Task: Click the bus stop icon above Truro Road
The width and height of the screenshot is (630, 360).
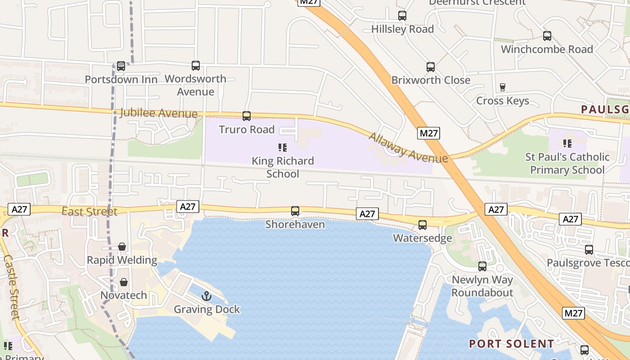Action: (247, 116)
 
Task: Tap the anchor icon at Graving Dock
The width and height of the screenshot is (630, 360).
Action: (207, 296)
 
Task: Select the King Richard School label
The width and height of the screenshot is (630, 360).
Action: (283, 167)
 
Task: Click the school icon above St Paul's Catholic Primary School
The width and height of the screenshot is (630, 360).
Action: (567, 144)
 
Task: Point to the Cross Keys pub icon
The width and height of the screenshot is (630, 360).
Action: (503, 87)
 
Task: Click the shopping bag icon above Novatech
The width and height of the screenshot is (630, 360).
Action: (124, 282)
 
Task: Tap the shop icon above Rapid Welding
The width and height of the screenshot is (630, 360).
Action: (122, 247)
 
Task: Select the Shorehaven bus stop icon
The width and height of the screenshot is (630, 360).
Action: (295, 211)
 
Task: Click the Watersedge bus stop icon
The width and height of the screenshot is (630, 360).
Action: (423, 225)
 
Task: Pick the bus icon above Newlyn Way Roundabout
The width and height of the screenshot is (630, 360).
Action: (482, 266)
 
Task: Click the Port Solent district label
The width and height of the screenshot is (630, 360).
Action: (512, 344)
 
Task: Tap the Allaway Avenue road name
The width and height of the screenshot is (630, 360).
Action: (409, 148)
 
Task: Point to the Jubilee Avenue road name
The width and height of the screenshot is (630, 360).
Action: (159, 113)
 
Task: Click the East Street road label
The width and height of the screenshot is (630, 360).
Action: (90, 211)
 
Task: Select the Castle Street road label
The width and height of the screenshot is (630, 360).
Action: (12, 287)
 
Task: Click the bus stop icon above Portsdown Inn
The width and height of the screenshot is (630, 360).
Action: (121, 66)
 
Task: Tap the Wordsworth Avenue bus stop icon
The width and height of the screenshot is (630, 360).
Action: (196, 66)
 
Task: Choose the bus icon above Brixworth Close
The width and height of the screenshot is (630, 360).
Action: (431, 67)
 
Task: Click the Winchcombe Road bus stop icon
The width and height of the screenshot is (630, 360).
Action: (547, 36)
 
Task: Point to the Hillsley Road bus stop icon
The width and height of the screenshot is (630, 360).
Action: (402, 16)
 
